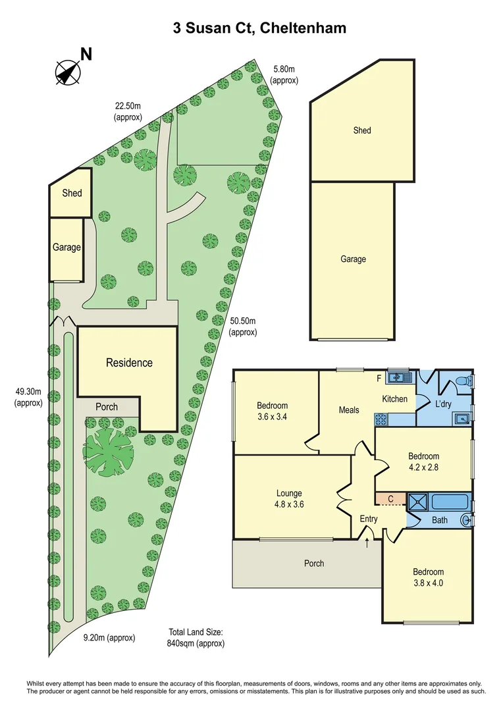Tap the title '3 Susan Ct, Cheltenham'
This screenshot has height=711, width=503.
259,28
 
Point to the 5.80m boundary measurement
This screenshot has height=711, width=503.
284,74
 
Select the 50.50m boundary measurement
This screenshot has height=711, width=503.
242,327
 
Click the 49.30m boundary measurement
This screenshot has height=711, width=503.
28,397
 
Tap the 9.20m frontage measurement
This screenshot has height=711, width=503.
109,637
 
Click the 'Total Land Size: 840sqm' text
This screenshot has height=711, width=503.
196,637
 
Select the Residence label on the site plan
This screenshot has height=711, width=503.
129,363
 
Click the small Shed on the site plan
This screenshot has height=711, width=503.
72,194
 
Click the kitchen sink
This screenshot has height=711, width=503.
398,378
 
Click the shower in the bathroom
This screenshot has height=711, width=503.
417,502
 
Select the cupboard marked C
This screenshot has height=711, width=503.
390,499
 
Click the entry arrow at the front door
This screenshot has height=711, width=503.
367,542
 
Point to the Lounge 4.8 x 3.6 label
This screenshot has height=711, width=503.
289,498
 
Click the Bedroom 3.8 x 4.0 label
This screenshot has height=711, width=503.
428,577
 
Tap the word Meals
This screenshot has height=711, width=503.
349,409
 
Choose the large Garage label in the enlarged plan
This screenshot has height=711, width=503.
353,259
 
